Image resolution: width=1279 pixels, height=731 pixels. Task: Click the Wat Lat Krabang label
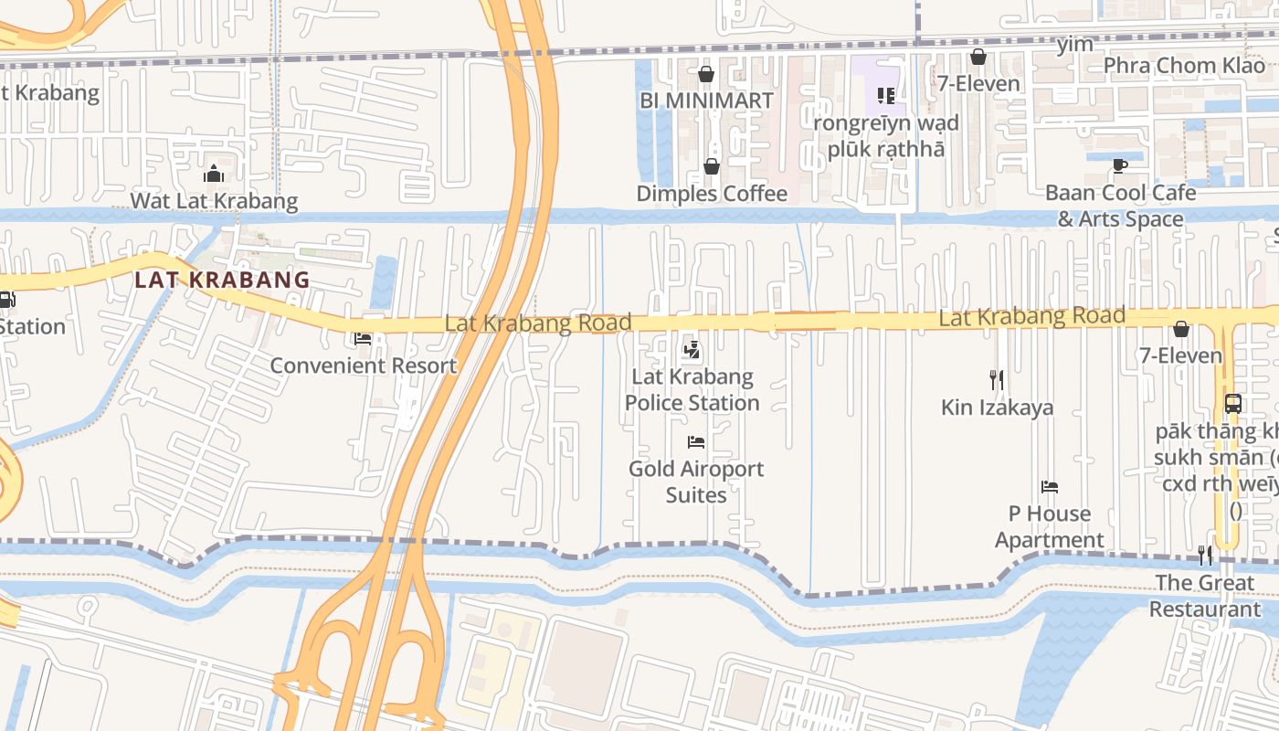tap(214, 201)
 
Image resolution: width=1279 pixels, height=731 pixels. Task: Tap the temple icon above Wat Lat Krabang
tap(214, 173)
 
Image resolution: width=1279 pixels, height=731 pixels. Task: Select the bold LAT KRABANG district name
tap(222, 280)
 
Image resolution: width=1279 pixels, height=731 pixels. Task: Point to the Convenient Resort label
tap(363, 365)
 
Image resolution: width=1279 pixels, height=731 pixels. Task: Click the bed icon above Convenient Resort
tap(363, 339)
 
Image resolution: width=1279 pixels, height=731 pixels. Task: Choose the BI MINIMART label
tap(706, 101)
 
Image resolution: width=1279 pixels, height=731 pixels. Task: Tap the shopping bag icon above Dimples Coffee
tap(711, 166)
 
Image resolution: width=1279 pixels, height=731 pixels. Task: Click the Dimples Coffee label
tap(712, 194)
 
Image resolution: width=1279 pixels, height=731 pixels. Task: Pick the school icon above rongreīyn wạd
tap(885, 95)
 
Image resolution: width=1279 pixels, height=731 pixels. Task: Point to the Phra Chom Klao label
tap(1184, 66)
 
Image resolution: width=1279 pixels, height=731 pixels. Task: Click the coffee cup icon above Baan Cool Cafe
tap(1120, 165)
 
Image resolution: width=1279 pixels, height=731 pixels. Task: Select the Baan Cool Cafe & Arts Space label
tap(1120, 206)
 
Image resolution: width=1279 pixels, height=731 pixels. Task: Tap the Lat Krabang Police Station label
tap(692, 389)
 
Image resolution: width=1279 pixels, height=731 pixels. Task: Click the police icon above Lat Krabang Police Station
tap(692, 348)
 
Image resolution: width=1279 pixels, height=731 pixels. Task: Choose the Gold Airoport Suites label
tap(696, 482)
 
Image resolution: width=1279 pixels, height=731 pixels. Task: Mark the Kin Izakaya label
tap(997, 408)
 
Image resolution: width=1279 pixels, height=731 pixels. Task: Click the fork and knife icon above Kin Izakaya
tap(997, 379)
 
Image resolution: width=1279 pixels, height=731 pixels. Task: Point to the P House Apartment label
tap(1049, 526)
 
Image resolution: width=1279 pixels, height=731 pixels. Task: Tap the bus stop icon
tap(1232, 403)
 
